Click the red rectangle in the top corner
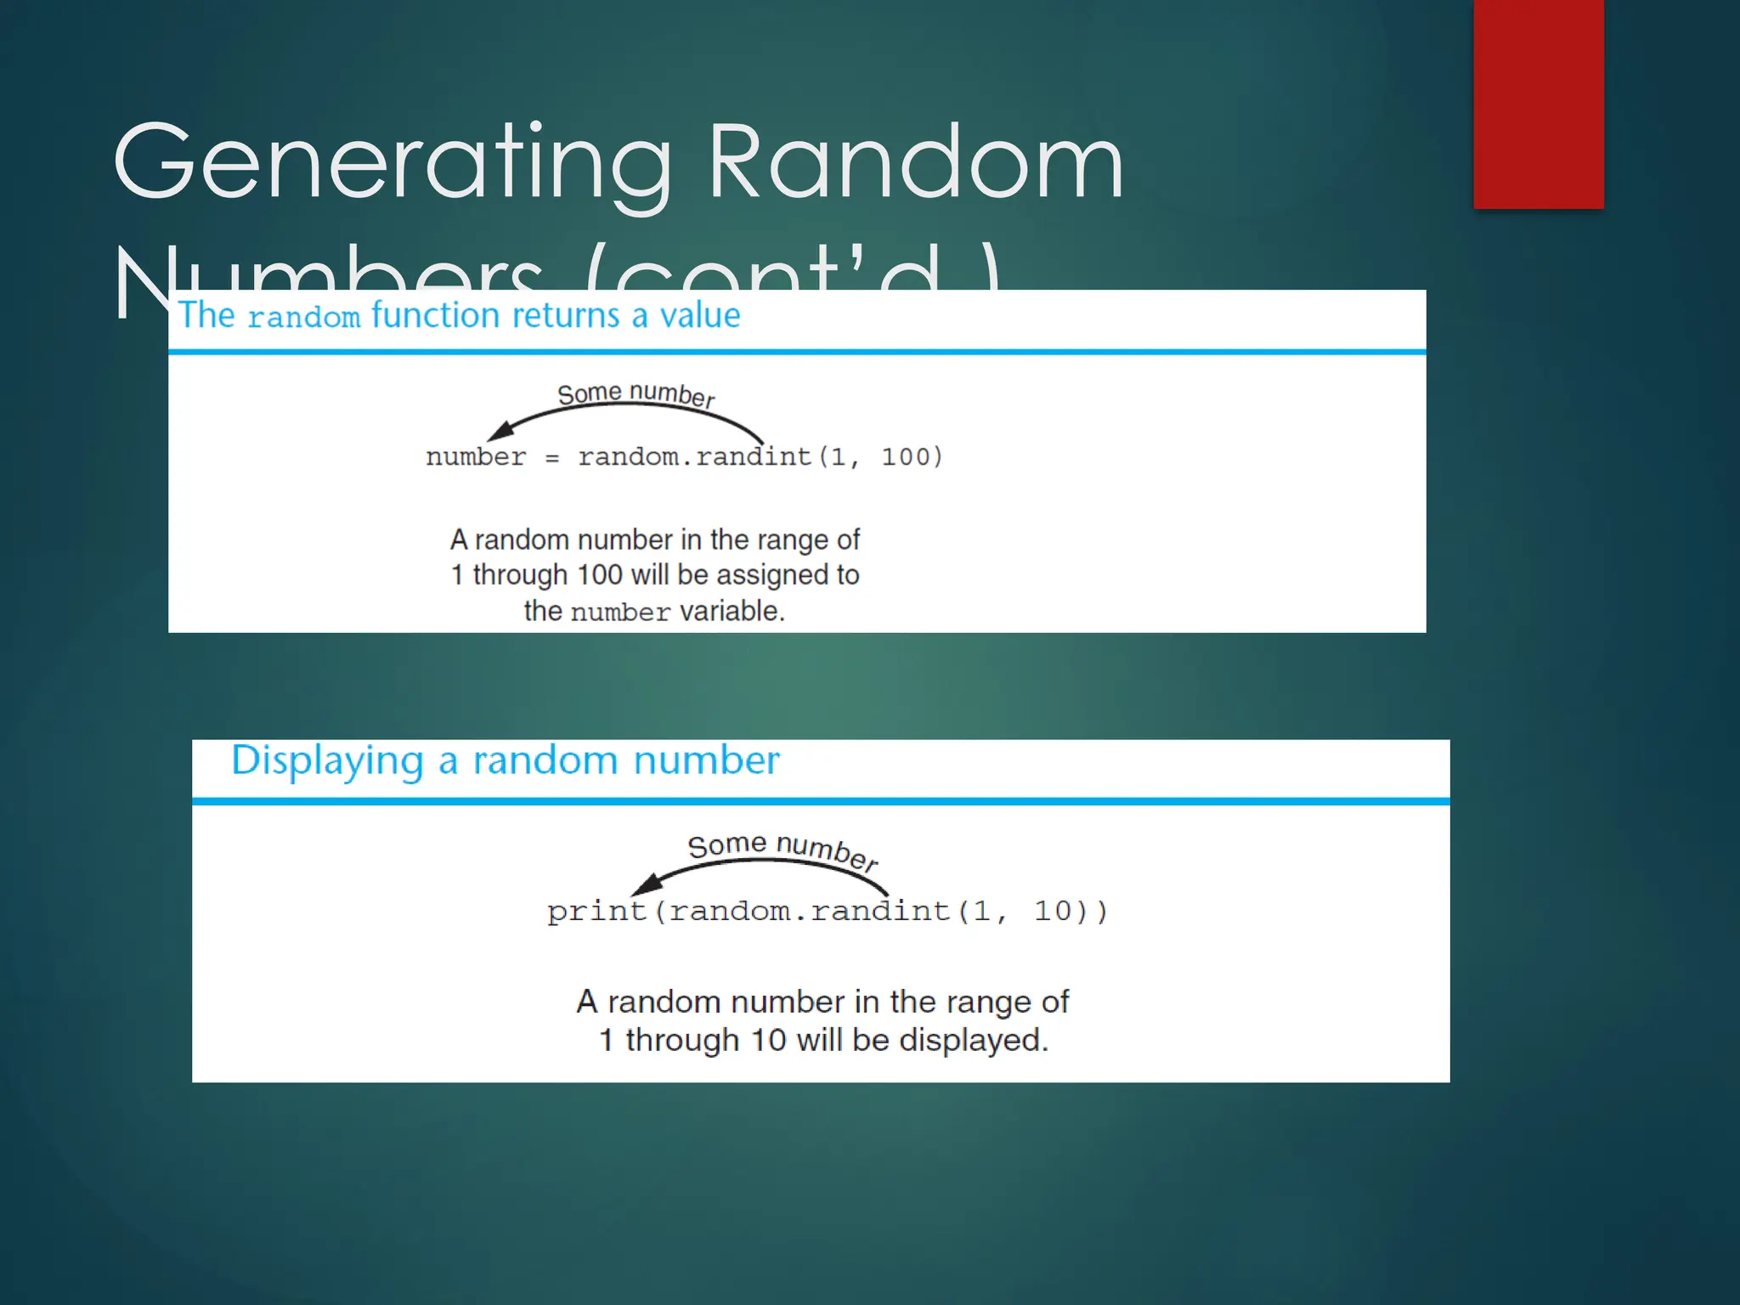tap(1538, 104)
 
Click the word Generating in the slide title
tap(393, 163)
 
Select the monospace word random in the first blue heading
tap(303, 318)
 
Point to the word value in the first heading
tap(700, 316)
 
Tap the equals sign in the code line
tap(552, 458)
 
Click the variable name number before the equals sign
tap(476, 457)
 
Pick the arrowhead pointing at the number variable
tap(501, 430)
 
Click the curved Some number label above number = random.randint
tap(636, 394)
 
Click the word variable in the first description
tap(732, 611)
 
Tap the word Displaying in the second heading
tap(327, 760)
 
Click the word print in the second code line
tap(596, 912)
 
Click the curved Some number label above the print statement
tap(782, 849)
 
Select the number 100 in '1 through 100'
tap(600, 575)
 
